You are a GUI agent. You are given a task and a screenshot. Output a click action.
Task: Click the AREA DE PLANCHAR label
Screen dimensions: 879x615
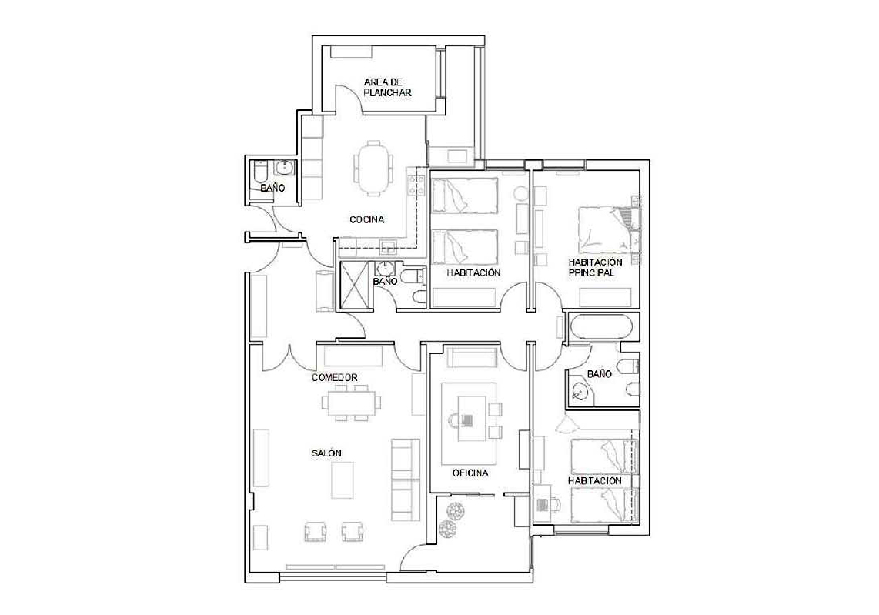pos(387,88)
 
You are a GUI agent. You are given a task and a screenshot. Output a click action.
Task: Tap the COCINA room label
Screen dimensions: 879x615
pos(367,220)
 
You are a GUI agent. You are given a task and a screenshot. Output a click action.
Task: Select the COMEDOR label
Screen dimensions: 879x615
pos(335,378)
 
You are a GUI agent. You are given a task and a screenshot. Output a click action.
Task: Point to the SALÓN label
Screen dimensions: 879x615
pos(327,453)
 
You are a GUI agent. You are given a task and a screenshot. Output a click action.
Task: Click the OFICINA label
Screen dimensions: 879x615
pos(470,473)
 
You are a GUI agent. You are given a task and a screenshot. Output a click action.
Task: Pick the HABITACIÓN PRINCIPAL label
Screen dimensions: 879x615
pos(595,267)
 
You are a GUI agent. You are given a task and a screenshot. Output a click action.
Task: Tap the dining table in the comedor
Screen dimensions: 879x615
pos(350,403)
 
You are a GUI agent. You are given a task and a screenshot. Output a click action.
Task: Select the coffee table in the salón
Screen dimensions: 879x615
pos(343,480)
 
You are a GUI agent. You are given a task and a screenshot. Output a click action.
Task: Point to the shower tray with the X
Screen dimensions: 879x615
pos(355,286)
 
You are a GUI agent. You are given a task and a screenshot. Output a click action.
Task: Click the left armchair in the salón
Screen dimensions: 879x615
pos(315,531)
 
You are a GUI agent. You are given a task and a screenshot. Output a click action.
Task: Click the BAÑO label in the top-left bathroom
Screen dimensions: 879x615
pos(272,188)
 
